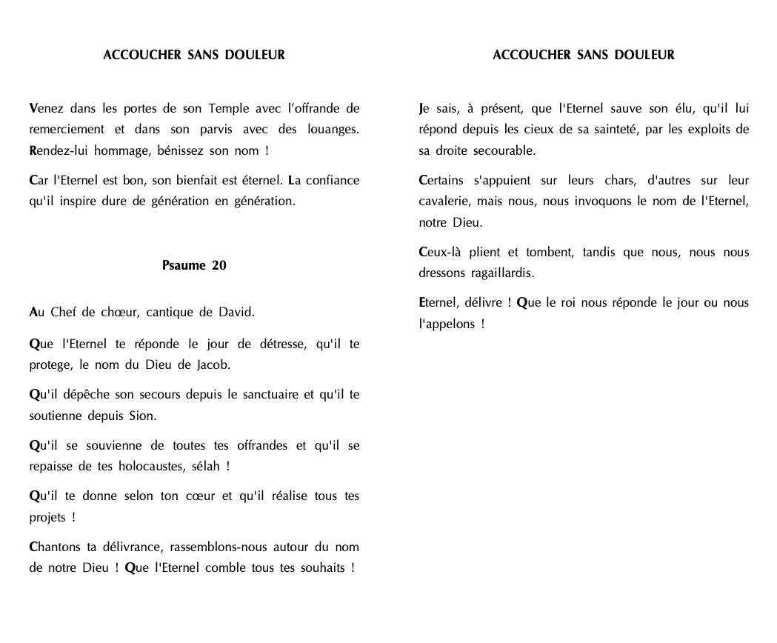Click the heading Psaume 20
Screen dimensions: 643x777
(194, 266)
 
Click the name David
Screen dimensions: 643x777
(236, 313)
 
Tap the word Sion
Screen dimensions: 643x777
(144, 416)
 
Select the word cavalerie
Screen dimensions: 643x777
(444, 201)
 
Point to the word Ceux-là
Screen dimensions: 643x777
(441, 252)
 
